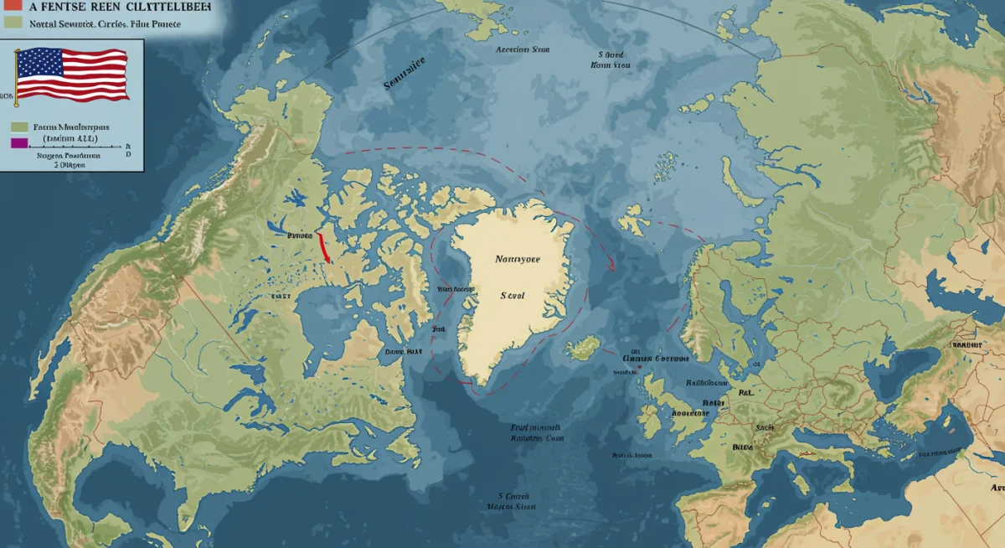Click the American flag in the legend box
point(72,75)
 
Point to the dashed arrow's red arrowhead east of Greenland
point(613,266)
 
